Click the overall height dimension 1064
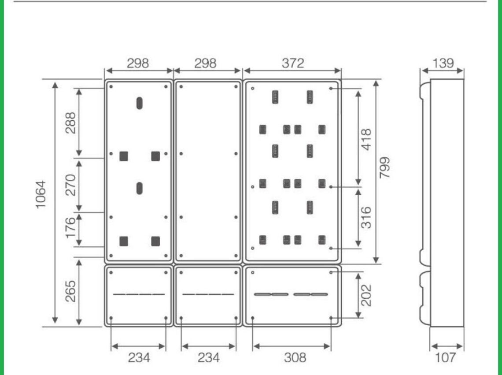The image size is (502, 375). pos(41,195)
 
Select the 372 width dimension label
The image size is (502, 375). pos(293,63)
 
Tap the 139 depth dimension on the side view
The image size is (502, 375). pos(443,63)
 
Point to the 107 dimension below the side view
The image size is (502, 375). pos(445,357)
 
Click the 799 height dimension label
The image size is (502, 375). pos(384,167)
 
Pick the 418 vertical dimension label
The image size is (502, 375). pos(366,139)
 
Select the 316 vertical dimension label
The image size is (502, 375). pos(366,218)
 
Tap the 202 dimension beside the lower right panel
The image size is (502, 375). pos(366,295)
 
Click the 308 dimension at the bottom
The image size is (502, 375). pos(295,357)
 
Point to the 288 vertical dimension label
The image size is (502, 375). pos(70,123)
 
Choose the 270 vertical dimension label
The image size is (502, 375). pos(70,185)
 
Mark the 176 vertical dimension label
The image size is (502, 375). pos(70,227)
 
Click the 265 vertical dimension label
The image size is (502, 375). pos(70,291)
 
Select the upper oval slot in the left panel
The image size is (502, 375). pos(139,103)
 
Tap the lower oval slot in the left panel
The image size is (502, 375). pos(139,188)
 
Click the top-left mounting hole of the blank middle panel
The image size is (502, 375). pos(181,86)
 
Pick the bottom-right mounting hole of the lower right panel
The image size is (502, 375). pos(331,318)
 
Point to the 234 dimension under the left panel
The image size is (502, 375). pos(139,357)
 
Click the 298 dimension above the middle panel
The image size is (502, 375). pos(205,63)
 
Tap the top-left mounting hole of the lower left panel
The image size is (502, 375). pos(111,272)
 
